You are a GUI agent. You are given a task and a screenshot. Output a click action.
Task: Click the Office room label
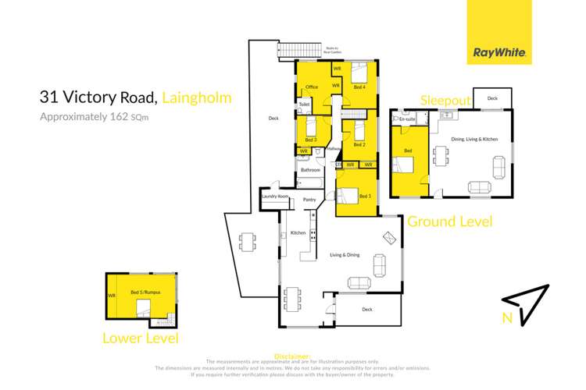point(311,87)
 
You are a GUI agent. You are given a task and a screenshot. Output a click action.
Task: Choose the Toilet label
point(305,103)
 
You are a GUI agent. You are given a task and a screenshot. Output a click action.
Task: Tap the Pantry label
point(309,199)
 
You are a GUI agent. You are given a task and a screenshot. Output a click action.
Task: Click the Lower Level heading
point(141,339)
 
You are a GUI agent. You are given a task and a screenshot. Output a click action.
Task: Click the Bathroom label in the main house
point(310,169)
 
